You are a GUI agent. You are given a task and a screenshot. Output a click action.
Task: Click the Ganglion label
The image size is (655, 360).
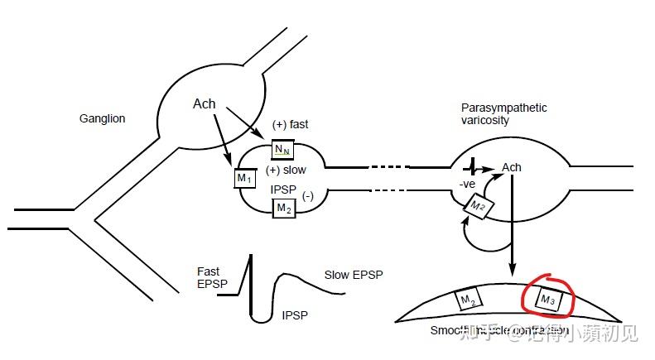[102, 118]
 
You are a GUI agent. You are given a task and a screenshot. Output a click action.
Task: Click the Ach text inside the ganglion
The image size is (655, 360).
[204, 103]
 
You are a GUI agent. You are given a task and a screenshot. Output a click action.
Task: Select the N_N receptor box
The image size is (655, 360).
[283, 149]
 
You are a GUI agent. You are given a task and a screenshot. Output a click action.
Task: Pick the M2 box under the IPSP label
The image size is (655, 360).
[284, 208]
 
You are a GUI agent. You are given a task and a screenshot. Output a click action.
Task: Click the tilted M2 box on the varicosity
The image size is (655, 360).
[478, 206]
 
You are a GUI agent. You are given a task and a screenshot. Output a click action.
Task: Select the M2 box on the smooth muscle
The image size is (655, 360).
[467, 300]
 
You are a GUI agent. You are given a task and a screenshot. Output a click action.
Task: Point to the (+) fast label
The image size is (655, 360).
[290, 124]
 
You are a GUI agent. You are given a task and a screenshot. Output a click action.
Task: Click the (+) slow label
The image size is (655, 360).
[286, 170]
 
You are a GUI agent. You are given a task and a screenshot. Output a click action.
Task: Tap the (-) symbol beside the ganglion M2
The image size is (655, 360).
[308, 196]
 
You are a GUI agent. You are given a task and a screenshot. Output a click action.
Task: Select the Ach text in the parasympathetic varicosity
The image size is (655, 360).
[512, 168]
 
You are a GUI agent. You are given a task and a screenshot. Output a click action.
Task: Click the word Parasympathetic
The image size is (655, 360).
[503, 108]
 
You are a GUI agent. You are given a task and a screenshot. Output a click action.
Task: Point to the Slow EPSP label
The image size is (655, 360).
[354, 274]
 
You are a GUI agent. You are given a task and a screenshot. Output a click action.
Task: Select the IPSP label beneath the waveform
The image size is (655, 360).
[296, 314]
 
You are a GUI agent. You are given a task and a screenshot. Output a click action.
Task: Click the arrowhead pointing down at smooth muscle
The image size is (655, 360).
[513, 271]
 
